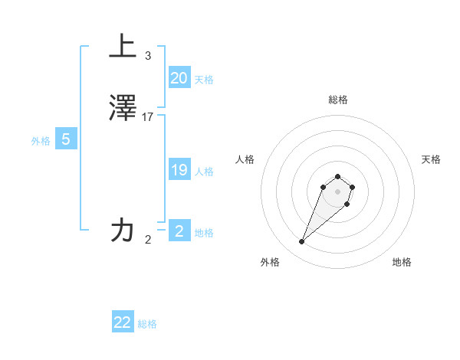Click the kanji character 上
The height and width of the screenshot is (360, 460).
(x=123, y=47)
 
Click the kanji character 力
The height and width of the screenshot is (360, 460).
(x=123, y=230)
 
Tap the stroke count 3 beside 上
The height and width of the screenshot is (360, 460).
(x=148, y=56)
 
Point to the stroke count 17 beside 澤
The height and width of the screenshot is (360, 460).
(x=148, y=117)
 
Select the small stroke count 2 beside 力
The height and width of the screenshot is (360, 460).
(x=148, y=240)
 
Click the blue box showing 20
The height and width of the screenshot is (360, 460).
(x=179, y=78)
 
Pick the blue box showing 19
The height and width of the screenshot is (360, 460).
(x=179, y=170)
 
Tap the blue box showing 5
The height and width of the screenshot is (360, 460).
(x=66, y=140)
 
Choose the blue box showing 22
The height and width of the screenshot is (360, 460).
(x=123, y=322)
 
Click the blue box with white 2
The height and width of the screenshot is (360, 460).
(x=179, y=231)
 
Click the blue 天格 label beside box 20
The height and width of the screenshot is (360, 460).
(x=204, y=80)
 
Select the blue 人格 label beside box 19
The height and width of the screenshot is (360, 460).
(x=204, y=172)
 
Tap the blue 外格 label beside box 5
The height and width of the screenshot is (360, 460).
(x=41, y=141)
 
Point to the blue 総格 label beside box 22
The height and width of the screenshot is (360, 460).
(x=147, y=324)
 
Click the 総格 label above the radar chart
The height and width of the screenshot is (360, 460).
(x=337, y=100)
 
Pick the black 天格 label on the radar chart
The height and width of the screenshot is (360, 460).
(x=431, y=159)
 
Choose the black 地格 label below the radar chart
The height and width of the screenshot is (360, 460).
(x=402, y=262)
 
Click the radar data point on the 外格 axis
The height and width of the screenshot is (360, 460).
(x=302, y=242)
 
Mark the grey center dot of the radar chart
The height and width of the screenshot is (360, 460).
(x=337, y=191)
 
